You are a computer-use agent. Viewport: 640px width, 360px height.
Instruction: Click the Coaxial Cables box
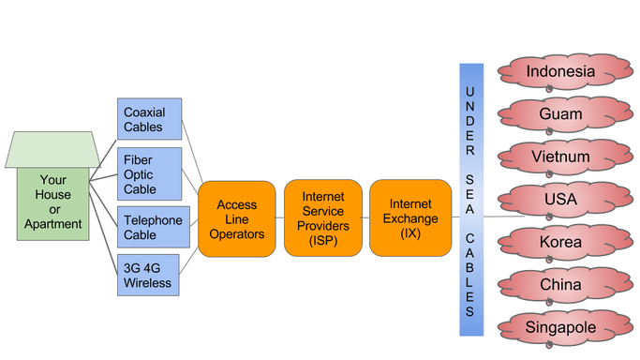pos(149,119)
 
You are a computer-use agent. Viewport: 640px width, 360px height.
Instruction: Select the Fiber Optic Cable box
pos(149,173)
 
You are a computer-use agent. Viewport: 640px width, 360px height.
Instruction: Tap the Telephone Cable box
pos(149,227)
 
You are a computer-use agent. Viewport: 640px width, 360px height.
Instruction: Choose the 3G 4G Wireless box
pos(149,275)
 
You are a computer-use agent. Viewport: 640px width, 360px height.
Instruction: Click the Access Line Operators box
pos(236,218)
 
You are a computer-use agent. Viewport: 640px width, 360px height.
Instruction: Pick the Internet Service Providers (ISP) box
pos(322,218)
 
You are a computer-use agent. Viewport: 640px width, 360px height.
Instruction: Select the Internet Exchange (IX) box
pos(409,218)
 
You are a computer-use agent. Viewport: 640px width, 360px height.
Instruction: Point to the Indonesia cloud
pos(559,71)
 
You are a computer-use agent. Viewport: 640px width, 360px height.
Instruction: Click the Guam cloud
pos(559,114)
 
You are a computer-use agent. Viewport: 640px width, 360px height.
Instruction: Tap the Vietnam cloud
pos(559,157)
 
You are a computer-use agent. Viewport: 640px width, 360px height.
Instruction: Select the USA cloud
pos(559,200)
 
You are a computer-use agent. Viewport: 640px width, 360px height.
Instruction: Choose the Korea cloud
pos(559,242)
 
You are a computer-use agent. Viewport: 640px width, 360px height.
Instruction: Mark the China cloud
pos(559,284)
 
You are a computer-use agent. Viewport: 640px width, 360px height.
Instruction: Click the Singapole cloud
pos(559,327)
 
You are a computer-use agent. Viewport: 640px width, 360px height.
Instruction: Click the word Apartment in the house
pos(54,224)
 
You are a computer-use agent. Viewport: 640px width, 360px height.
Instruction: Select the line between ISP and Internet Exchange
pos(365,218)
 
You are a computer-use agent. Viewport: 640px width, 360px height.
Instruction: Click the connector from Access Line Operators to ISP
pos(279,218)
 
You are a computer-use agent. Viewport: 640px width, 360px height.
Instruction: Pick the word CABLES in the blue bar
pos(470,275)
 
